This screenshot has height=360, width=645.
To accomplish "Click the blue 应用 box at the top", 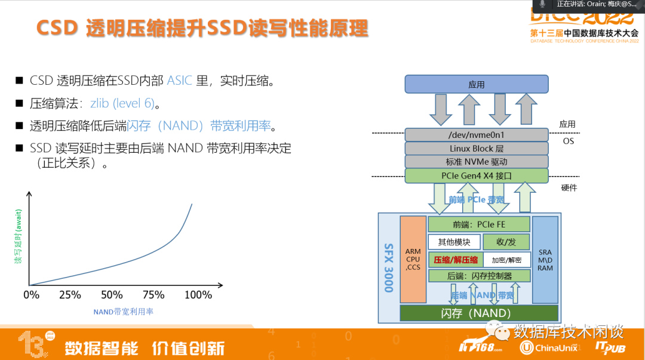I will (x=476, y=84).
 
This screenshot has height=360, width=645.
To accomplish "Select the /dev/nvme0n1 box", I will (x=476, y=135).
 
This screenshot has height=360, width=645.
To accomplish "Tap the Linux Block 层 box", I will (x=476, y=148).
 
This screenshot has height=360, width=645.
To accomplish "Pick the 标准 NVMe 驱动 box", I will (x=476, y=162).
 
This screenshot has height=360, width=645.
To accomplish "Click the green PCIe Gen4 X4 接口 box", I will (x=476, y=176).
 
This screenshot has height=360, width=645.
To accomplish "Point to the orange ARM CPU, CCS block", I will (x=413, y=259).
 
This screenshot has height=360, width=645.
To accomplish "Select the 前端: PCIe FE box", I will (x=479, y=224).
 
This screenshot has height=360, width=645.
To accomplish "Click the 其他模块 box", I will (x=454, y=242).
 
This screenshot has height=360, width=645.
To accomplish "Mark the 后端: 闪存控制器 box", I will (x=479, y=276).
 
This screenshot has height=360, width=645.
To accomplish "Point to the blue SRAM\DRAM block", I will (x=545, y=259).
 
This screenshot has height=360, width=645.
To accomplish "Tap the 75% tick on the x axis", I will (x=153, y=295).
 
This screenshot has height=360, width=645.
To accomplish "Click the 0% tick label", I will (x=31, y=295).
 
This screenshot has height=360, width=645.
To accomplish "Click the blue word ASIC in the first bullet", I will (x=180, y=81).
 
